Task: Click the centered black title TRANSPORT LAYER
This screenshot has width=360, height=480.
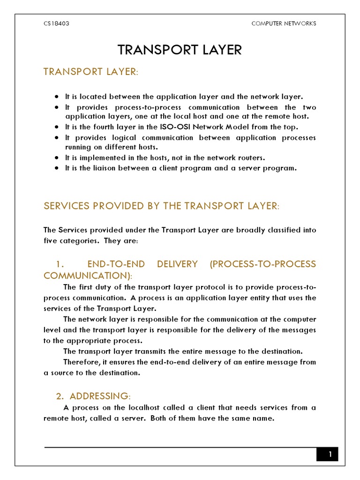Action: pyautogui.click(x=180, y=50)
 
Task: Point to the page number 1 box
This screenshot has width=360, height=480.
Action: pyautogui.click(x=330, y=454)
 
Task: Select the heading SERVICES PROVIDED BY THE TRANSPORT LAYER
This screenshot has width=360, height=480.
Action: pyautogui.click(x=161, y=206)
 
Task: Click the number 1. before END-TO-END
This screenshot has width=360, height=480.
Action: pyautogui.click(x=60, y=264)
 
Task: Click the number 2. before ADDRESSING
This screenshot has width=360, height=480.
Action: pyautogui.click(x=60, y=397)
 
